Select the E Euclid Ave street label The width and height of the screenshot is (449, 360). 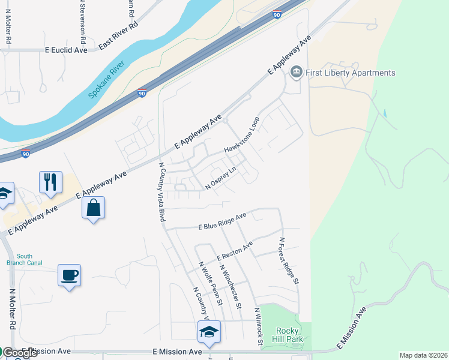click(x=66, y=51)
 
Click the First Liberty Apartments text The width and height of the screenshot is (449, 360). click(x=351, y=73)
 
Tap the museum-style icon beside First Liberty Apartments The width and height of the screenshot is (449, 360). click(x=296, y=73)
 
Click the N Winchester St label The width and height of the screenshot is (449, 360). click(x=230, y=286)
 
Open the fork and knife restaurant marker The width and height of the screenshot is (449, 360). click(x=50, y=181)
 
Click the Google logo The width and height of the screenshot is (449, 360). click(x=19, y=353)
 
